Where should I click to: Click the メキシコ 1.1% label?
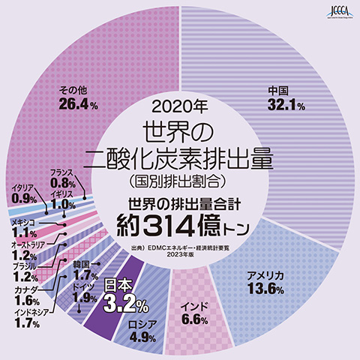[25, 227]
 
